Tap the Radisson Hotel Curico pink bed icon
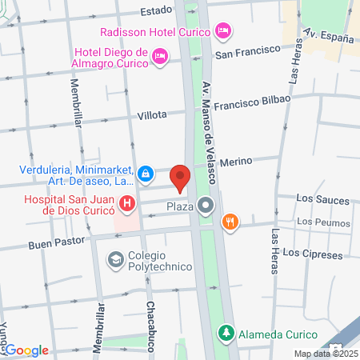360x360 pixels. [x=224, y=31]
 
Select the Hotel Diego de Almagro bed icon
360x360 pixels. [x=160, y=55]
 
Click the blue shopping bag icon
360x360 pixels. [x=146, y=173]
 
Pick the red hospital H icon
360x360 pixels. [x=126, y=204]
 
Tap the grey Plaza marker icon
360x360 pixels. [x=207, y=206]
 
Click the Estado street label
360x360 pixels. [x=157, y=11]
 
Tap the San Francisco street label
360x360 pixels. [x=248, y=54]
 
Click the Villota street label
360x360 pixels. [x=151, y=115]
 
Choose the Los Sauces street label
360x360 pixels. [x=317, y=198]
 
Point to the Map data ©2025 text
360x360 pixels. [x=324, y=354]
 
